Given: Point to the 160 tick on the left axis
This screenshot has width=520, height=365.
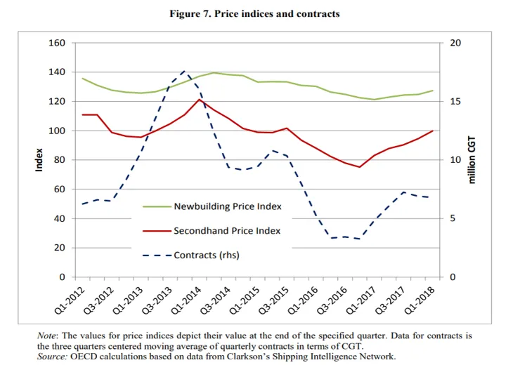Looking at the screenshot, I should pyautogui.click(x=58, y=43).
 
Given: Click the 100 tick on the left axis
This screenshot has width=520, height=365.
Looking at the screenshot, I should pyautogui.click(x=58, y=131).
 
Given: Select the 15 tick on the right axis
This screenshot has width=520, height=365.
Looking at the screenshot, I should pyautogui.click(x=455, y=102).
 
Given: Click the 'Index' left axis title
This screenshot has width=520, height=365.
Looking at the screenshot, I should pyautogui.click(x=40, y=159).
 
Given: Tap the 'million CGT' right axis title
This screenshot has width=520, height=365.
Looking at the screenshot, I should pyautogui.click(x=472, y=159).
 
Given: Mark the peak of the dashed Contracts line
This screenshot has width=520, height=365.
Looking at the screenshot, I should pyautogui.click(x=183, y=71).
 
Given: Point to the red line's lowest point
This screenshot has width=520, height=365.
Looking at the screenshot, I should pyautogui.click(x=359, y=167).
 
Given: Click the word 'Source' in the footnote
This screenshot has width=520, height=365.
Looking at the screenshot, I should pyautogui.click(x=53, y=357).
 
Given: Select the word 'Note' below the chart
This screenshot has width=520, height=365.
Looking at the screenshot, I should pyautogui.click(x=49, y=336).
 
